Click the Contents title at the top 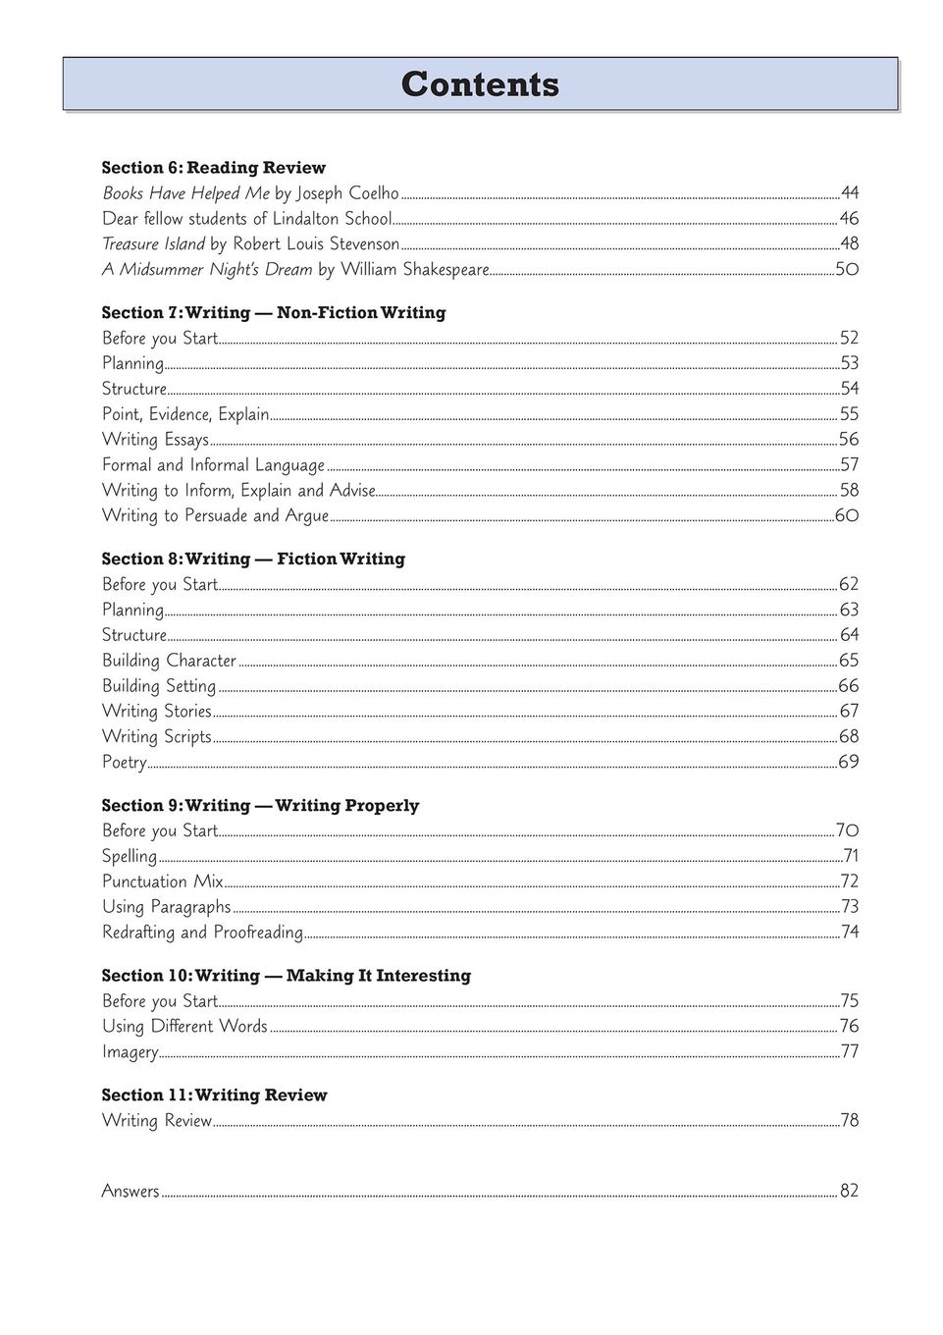coord(480,84)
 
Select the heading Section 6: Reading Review coord(213,168)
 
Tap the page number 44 coord(849,193)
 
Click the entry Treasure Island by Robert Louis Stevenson coord(250,244)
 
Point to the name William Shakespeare coord(414,270)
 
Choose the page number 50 coord(847,270)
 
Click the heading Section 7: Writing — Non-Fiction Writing coord(274,313)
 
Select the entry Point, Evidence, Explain coord(185,415)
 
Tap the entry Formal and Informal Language coord(213,465)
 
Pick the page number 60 coord(847,516)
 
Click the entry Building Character coord(169,661)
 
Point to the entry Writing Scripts coord(157,737)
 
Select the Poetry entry coord(125,763)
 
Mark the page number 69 coord(849,763)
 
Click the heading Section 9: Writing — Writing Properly coord(260,806)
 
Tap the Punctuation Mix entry coord(163,881)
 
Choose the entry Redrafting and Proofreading coord(202,933)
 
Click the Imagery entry coord(131,1052)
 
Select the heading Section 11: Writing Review coord(214,1095)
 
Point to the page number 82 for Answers coord(849,1192)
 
